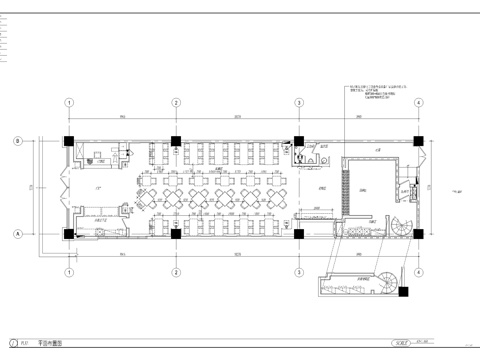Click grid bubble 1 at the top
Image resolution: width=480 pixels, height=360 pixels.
(69, 103)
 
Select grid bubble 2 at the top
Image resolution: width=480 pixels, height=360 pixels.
(175, 103)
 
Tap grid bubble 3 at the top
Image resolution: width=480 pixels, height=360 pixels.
(298, 103)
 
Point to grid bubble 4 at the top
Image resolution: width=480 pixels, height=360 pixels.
(418, 103)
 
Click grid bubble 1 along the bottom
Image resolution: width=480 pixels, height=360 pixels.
(69, 272)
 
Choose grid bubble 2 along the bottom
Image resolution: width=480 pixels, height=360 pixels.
(175, 272)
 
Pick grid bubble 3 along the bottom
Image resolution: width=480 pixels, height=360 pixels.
(298, 272)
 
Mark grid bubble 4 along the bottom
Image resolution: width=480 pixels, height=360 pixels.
(418, 272)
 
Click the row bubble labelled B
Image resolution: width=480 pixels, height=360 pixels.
(17, 141)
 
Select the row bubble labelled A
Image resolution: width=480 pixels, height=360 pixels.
(17, 233)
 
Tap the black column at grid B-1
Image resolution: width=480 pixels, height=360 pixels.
(69, 141)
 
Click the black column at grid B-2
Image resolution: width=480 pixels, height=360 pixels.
(175, 141)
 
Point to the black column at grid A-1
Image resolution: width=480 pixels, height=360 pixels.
(69, 233)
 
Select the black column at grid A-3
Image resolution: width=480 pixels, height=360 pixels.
(298, 233)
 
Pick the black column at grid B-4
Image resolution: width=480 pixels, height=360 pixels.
(418, 141)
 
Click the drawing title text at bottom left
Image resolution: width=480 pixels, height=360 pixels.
(49, 342)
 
